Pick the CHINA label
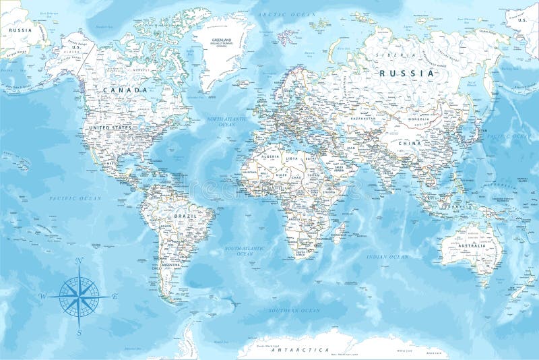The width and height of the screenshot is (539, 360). (409, 144)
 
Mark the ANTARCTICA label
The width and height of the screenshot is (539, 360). (300, 351)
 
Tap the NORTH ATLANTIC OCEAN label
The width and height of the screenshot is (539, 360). (221, 122)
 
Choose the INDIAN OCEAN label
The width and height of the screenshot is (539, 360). (387, 257)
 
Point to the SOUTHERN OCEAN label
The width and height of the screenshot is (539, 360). (294, 310)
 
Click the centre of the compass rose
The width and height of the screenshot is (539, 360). (79, 295)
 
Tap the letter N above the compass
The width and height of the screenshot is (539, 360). (79, 261)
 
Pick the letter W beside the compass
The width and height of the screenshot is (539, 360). (42, 296)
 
